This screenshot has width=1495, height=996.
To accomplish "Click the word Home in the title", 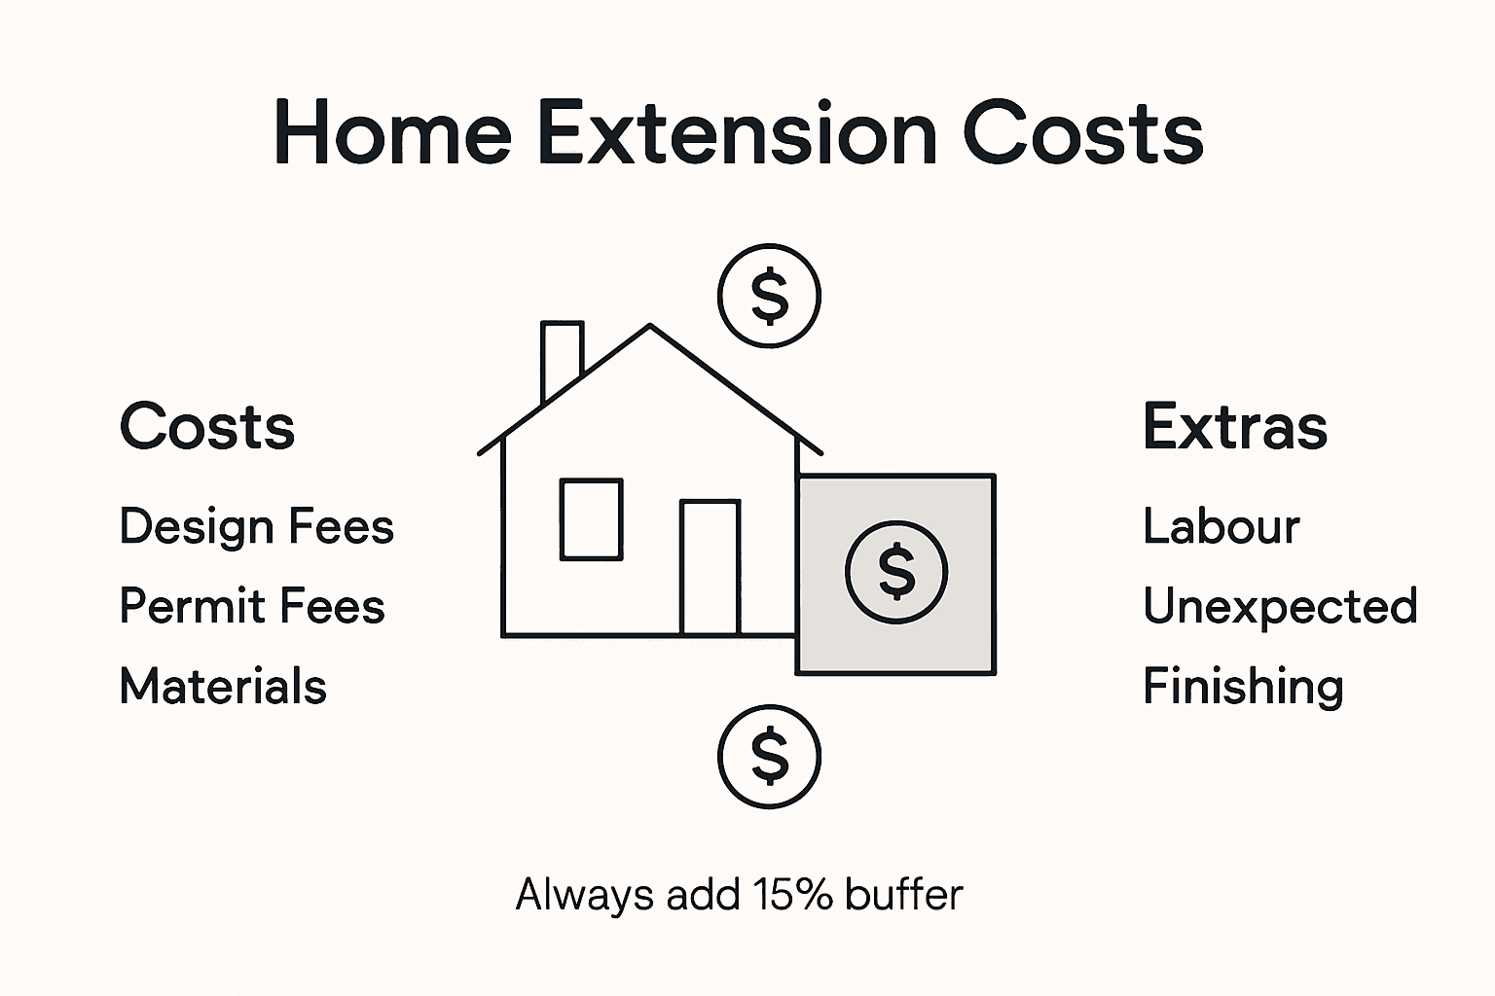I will point(392,133).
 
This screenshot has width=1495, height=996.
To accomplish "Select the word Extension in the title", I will point(737,133).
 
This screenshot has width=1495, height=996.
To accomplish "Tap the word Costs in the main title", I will point(1082,133).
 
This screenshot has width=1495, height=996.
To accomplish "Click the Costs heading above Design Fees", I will point(206,427).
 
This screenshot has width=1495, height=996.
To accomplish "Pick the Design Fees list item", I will point(256,526).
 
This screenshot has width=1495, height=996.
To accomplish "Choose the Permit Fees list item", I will point(251,606).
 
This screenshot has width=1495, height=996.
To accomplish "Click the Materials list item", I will point(222,686).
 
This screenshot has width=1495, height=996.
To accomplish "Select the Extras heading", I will point(1234,427).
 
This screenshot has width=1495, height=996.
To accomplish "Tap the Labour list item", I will point(1221,526).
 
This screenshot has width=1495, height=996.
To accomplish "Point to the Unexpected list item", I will point(1279,606).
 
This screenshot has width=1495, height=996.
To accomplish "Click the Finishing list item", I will point(1242,686).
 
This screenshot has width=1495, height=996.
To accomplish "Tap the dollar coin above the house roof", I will point(769,297).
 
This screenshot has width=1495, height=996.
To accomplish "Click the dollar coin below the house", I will point(769,756).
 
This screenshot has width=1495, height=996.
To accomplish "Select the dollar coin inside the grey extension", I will point(895,571).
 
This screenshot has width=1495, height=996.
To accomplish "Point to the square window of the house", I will point(591,519).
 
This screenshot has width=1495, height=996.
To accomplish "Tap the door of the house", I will point(710,567).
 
